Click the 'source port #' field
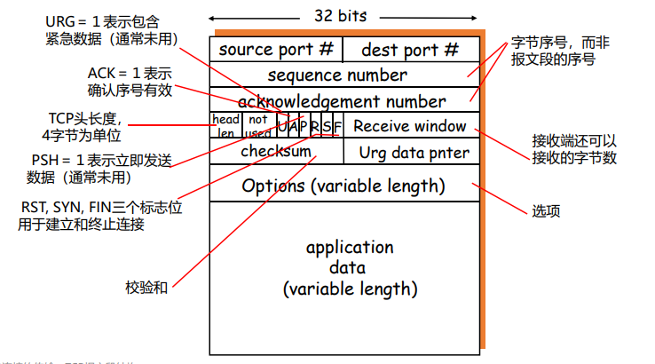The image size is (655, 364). [276, 50]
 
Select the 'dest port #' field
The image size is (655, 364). [410, 50]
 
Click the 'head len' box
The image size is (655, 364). [226, 126]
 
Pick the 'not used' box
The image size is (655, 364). [258, 126]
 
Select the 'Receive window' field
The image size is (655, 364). [410, 126]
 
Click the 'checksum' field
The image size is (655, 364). [276, 151]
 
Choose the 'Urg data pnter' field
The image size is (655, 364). [414, 152]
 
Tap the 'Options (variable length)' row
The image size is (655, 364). [343, 186]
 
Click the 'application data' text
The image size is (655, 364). [349, 267]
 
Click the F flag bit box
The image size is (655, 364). [338, 126]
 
